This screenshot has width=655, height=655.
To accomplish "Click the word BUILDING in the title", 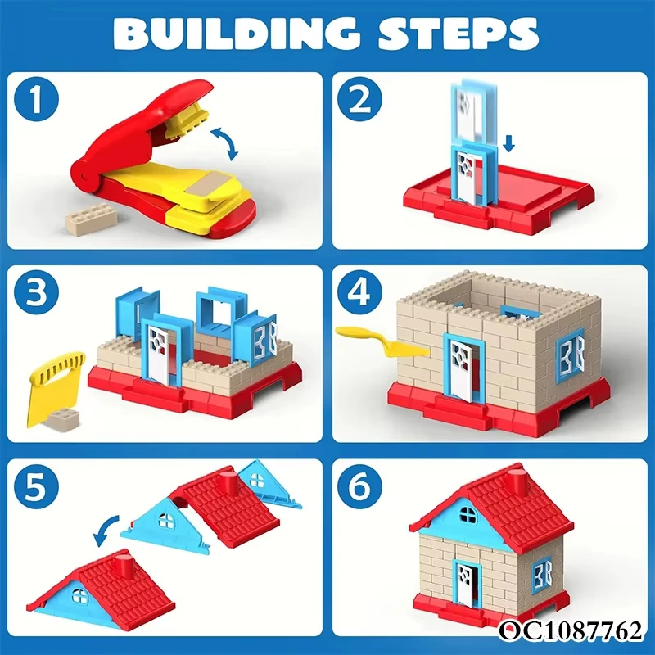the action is [236, 34].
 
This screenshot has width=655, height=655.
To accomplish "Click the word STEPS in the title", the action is [458, 34].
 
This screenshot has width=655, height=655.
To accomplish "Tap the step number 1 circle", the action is [36, 99].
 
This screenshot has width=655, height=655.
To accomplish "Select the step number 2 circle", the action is [359, 99].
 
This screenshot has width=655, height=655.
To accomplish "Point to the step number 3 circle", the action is [36, 292].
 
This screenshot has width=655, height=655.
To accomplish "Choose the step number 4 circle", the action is [359, 292].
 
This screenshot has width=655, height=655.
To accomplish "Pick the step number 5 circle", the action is [36, 486].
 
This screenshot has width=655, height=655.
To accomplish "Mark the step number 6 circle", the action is [359, 486].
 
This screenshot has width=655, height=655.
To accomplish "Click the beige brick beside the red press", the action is [91, 219].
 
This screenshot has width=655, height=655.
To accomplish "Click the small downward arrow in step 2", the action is [508, 143].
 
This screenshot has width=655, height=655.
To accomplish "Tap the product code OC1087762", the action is [571, 630].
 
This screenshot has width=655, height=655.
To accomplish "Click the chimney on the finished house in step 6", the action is [516, 481].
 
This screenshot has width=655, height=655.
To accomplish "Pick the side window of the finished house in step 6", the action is [542, 575].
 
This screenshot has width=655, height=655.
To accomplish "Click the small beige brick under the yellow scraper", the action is [62, 419].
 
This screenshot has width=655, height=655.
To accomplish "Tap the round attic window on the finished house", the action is [468, 515].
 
